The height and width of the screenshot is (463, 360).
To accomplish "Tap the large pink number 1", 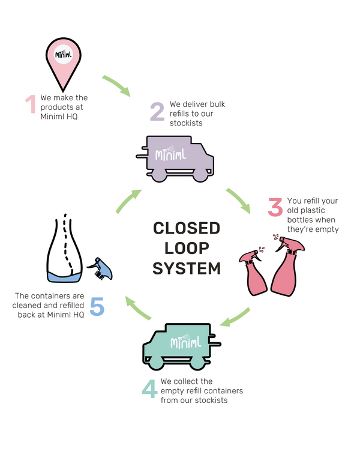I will click(x=30, y=104).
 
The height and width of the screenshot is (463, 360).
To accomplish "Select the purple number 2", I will click(x=157, y=111).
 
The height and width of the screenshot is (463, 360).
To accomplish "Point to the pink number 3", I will click(x=275, y=207).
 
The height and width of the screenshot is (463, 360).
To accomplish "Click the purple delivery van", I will click(x=177, y=157).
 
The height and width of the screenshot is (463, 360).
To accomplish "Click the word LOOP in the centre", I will click(x=186, y=248).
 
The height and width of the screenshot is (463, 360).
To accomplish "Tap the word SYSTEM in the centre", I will click(x=186, y=268).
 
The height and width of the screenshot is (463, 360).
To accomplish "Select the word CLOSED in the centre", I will click(x=186, y=228).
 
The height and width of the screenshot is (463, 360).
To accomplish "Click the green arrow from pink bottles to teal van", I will click(x=235, y=317).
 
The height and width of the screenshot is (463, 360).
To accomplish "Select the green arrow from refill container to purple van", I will click(x=128, y=202).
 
